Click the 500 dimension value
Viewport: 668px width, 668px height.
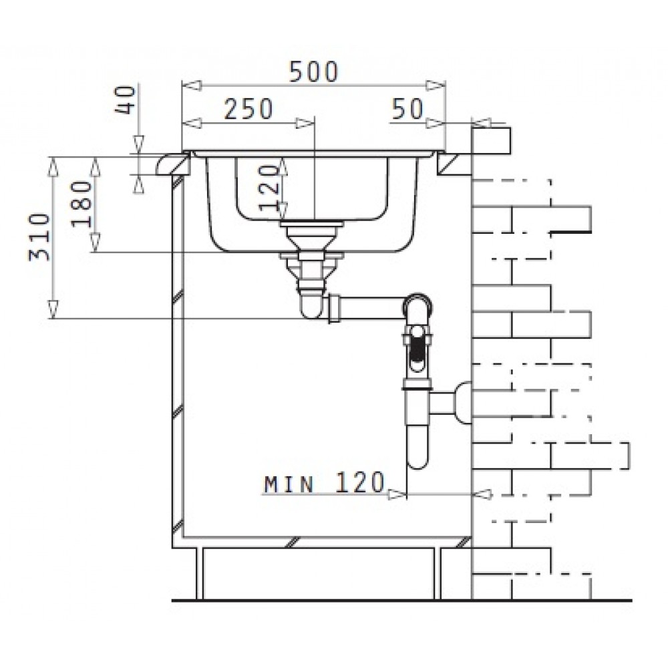tap(313, 71)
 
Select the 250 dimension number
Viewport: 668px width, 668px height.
tap(248, 109)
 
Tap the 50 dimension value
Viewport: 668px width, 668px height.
tap(407, 109)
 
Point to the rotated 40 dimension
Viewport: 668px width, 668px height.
tap(126, 100)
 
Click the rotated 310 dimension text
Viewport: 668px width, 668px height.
tap(39, 237)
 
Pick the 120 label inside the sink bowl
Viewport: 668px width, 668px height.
tap(269, 188)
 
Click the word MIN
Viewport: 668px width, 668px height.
tap(289, 484)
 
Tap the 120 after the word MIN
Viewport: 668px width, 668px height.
tap(360, 483)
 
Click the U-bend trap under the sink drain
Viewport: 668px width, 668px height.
tap(311, 307)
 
